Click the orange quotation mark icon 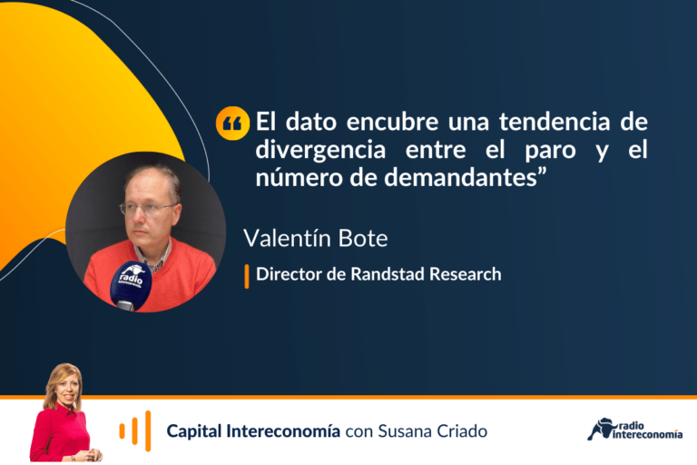point(232,124)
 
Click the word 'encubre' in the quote point(392,122)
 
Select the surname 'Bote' point(363,238)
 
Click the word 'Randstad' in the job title point(388,274)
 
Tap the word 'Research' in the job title point(466,274)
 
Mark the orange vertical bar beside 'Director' point(247,276)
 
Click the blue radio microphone point(131,285)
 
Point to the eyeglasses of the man point(149,209)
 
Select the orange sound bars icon point(135,430)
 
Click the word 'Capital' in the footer point(194,431)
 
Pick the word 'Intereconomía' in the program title point(283,430)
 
